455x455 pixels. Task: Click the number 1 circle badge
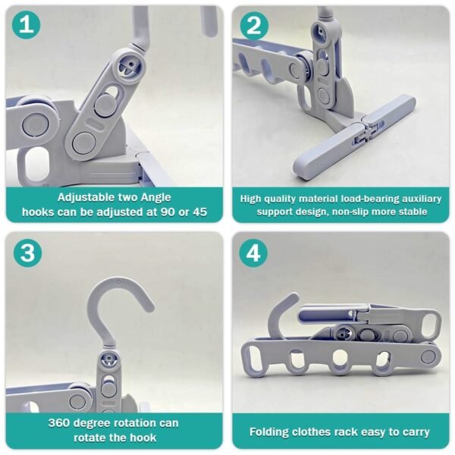pos(27,27)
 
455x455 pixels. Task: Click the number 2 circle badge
pos(254,27)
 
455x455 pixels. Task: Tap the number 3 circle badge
pos(27,253)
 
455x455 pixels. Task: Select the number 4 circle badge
pos(254,253)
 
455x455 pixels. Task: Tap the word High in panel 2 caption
pos(252,199)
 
